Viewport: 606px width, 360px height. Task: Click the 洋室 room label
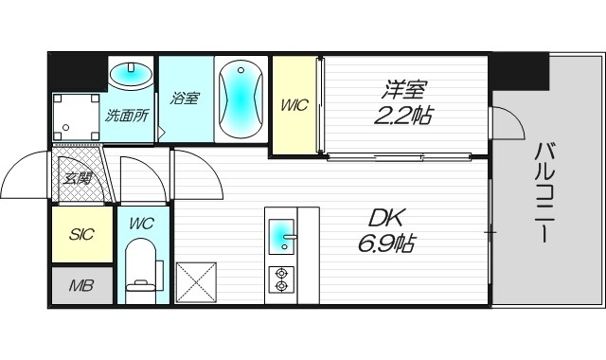click(404, 90)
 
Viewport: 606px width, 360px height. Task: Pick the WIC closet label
click(294, 105)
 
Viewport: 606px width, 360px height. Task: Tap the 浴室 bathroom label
click(184, 97)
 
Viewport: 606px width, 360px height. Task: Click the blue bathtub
click(241, 99)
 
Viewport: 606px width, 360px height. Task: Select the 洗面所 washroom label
click(125, 117)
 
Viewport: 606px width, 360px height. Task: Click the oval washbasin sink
click(131, 73)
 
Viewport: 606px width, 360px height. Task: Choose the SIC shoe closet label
click(80, 234)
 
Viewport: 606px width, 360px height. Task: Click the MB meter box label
click(80, 284)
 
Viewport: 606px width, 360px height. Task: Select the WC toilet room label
click(141, 225)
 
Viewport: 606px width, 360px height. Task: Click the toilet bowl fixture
click(142, 269)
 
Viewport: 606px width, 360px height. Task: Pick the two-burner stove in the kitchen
click(281, 278)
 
